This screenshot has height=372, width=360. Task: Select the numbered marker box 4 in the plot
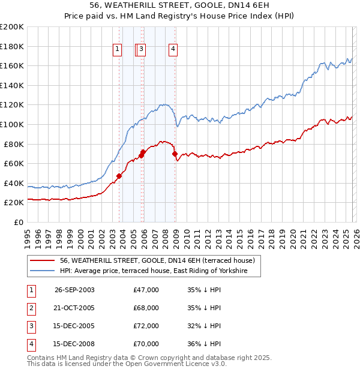coord(173,50)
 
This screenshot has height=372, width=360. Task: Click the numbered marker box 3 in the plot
coord(142,50)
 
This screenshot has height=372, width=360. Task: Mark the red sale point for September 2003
coord(119,176)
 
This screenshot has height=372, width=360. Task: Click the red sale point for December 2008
coord(176,154)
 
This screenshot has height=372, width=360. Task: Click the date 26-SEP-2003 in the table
coord(74,290)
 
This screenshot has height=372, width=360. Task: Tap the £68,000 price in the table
coord(146,308)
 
